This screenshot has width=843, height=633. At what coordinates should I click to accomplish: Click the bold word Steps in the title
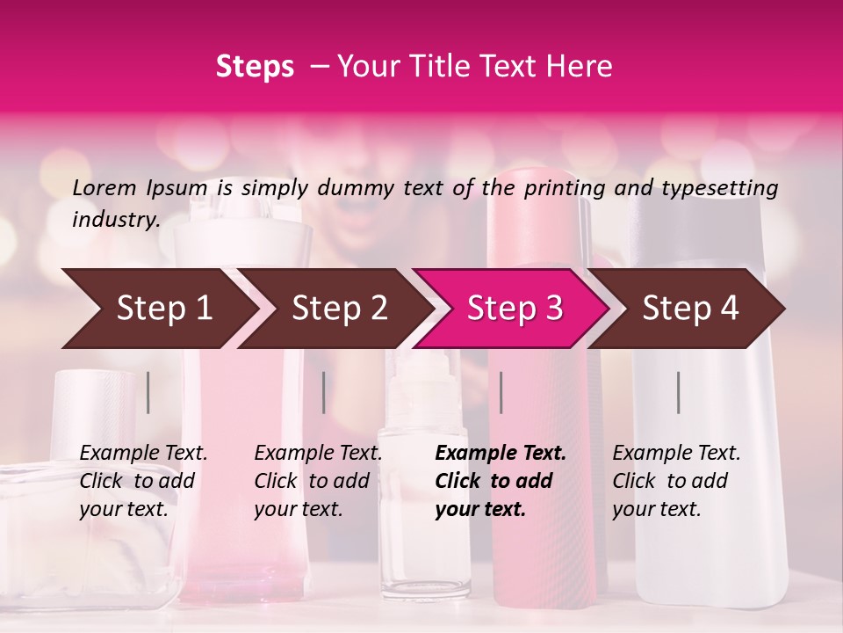click(x=255, y=66)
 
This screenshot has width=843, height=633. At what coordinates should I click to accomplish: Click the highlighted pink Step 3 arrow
click(x=515, y=308)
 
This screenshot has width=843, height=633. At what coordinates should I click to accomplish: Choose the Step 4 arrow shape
click(x=690, y=308)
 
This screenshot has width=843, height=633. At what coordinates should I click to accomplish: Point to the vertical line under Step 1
click(x=148, y=392)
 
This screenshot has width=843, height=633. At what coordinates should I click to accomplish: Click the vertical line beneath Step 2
click(x=324, y=392)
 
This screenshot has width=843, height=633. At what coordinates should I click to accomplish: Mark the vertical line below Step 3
click(x=501, y=392)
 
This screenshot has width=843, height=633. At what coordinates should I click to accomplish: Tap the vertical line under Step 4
click(x=678, y=392)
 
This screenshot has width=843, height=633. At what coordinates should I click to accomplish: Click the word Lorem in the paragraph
click(x=104, y=187)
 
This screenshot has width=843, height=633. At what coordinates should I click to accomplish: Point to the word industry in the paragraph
click(x=115, y=219)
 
